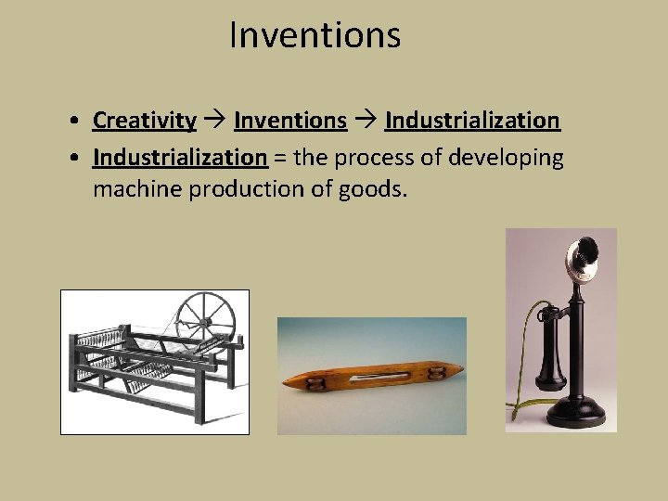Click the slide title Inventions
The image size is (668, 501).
pos(315,36)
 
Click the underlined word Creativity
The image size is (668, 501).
pos(144,121)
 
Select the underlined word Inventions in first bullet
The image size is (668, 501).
pos(290,121)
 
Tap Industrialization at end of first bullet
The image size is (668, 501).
pos(472,121)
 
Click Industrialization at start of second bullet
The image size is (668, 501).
pos(180,158)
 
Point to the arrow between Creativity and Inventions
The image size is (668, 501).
pos(214,121)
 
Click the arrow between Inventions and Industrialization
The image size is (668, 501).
pos(366,121)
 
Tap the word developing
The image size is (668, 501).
pos(506,159)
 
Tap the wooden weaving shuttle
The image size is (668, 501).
pos(371,379)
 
